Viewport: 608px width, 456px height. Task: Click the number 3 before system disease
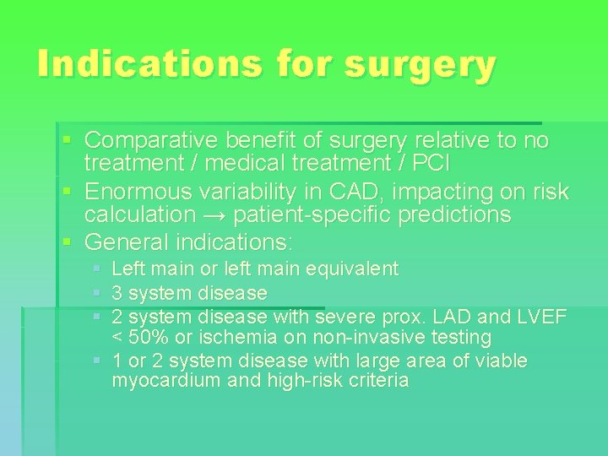coord(117,293)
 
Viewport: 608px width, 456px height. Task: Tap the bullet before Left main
coord(97,269)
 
